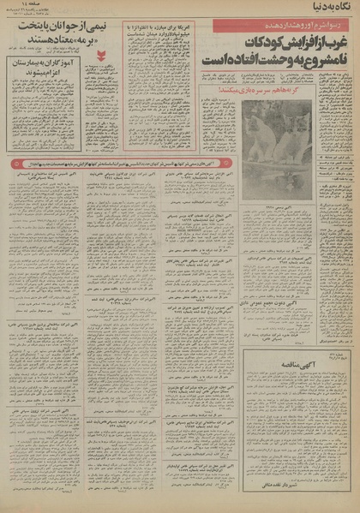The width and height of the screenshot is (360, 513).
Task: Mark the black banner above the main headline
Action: [x=266, y=24]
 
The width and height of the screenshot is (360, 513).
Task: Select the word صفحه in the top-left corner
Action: [x=18, y=5]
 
